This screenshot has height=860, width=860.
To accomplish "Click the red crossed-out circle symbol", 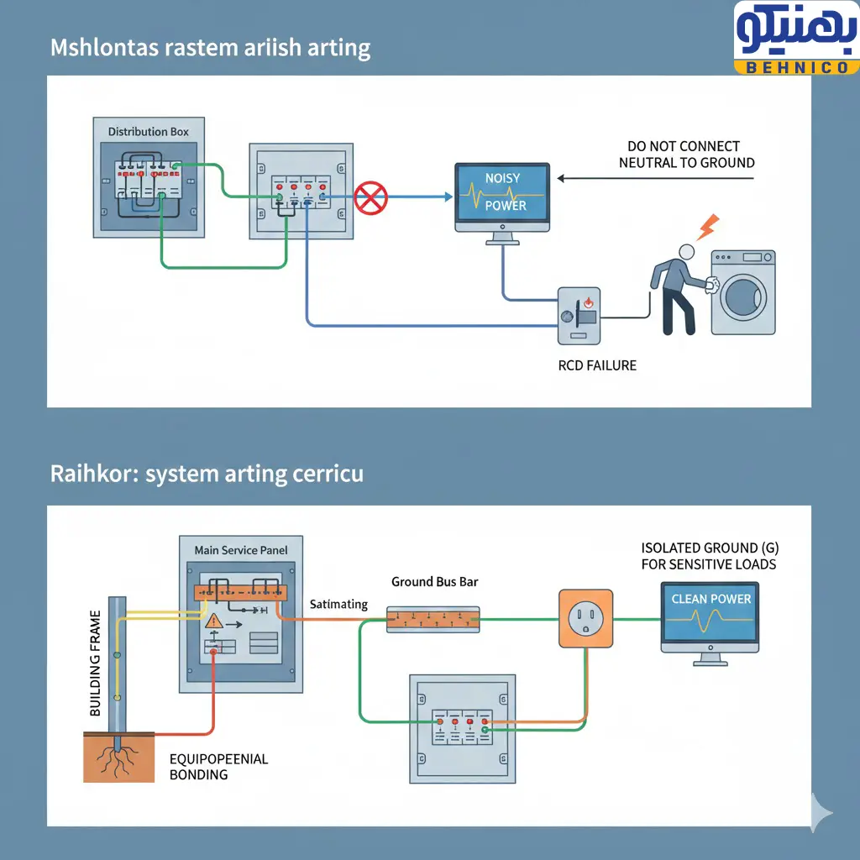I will pyautogui.click(x=370, y=199).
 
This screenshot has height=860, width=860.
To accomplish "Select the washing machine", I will pyautogui.click(x=743, y=292).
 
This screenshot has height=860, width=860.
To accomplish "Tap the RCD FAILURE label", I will pyautogui.click(x=597, y=365).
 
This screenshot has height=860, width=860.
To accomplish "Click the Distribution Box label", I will pyautogui.click(x=149, y=132).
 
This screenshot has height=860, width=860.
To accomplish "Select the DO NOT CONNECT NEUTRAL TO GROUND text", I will pyautogui.click(x=686, y=155).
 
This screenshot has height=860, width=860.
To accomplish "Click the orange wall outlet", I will pyautogui.click(x=586, y=619).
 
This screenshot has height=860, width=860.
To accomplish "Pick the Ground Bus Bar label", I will pyautogui.click(x=434, y=582).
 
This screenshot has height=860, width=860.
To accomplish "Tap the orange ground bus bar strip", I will pyautogui.click(x=433, y=619).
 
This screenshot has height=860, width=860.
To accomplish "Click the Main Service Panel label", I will pyautogui.click(x=240, y=550).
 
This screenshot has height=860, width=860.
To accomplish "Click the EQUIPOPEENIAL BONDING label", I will pyautogui.click(x=218, y=766).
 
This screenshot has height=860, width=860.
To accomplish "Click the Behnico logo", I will pyautogui.click(x=795, y=39).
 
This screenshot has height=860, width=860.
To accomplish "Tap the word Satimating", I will pyautogui.click(x=338, y=604).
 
